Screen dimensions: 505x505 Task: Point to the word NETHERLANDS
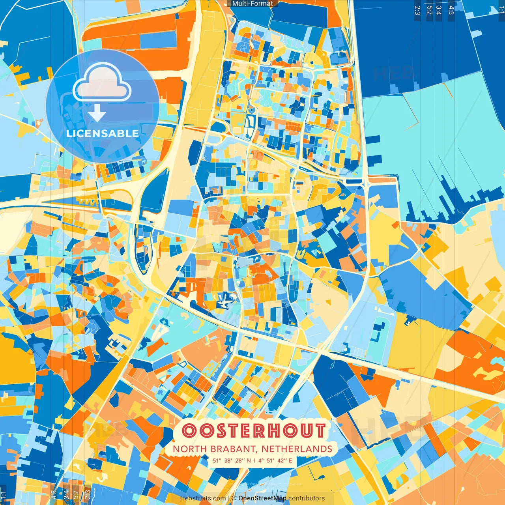(x=297, y=449)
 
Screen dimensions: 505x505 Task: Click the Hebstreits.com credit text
(x=203, y=498)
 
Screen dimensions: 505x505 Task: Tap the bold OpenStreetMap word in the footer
(x=262, y=498)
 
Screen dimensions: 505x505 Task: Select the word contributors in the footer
(x=307, y=498)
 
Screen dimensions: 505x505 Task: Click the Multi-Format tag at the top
(x=252, y=4)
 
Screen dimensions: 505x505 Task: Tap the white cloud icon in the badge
(x=102, y=83)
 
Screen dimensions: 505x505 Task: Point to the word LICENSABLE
(x=102, y=133)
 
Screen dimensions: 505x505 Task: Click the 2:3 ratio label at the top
(x=417, y=10)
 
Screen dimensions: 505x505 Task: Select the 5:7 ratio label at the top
(x=429, y=10)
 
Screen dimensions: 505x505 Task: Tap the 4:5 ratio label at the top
(x=451, y=10)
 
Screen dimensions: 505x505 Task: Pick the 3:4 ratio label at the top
(x=439, y=10)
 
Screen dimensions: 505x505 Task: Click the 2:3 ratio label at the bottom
(x=88, y=494)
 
